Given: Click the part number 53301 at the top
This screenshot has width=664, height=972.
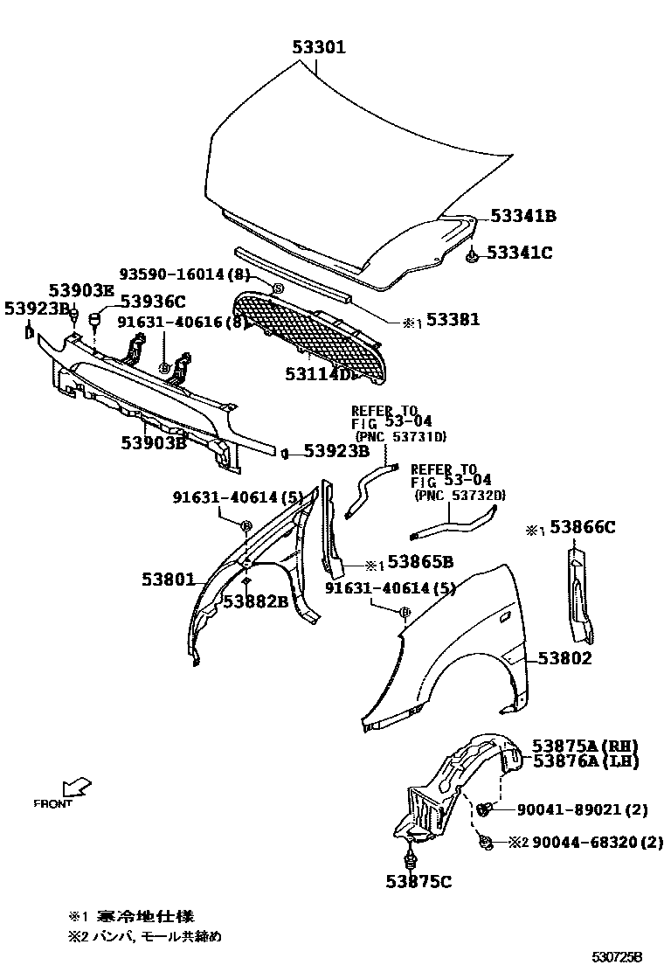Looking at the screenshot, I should [318, 47].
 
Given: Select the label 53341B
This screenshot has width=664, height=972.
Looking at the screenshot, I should [522, 215].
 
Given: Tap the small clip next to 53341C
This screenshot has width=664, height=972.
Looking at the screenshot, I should [471, 255].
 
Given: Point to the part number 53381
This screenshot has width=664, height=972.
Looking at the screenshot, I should [452, 321].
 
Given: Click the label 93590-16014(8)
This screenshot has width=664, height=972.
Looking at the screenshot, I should [184, 274].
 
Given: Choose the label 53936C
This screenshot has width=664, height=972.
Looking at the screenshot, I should [153, 302].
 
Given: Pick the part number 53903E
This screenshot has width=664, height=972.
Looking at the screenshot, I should [81, 290].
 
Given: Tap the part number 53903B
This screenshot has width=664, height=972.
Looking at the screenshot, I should [155, 442].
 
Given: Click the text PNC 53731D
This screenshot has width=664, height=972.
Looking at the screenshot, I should [400, 436].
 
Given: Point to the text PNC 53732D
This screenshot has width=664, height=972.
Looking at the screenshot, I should [460, 496].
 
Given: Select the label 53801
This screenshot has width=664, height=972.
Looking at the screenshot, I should [170, 578].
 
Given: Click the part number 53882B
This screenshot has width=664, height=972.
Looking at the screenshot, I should [255, 601].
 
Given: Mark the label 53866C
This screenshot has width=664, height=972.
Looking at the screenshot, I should [583, 527].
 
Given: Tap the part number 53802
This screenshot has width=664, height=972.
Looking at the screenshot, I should [564, 658].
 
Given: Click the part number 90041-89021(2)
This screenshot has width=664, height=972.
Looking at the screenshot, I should [577, 810].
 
